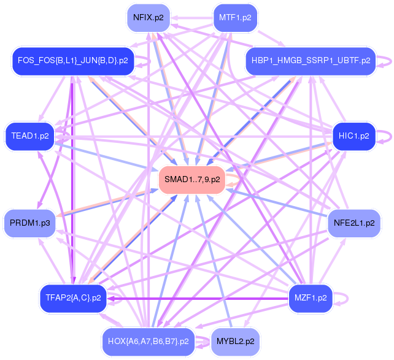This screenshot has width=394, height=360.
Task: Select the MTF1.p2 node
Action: pos(235,18)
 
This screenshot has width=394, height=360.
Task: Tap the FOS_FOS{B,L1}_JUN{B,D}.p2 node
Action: pos(72,61)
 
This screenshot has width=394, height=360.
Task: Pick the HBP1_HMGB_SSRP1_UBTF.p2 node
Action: pos(310,61)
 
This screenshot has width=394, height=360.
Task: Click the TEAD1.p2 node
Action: pos(30,136)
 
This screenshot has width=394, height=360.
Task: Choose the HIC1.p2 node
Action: pos(353,136)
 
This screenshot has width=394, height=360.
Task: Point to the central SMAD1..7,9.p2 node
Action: pos(191,179)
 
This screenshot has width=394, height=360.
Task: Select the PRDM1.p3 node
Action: pos(30,223)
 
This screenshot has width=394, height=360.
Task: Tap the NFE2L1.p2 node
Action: pos(353,223)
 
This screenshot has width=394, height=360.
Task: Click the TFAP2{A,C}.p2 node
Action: pos(72,298)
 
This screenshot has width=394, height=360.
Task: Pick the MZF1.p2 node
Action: pos(310,298)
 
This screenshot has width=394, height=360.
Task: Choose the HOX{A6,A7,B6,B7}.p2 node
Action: pos(148,340)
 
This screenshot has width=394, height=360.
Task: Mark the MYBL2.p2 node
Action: pos(235,340)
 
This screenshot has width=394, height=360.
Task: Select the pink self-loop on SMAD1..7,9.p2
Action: pos(233,179)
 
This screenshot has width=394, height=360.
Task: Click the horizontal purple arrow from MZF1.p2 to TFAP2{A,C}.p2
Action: pos(196,299)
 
